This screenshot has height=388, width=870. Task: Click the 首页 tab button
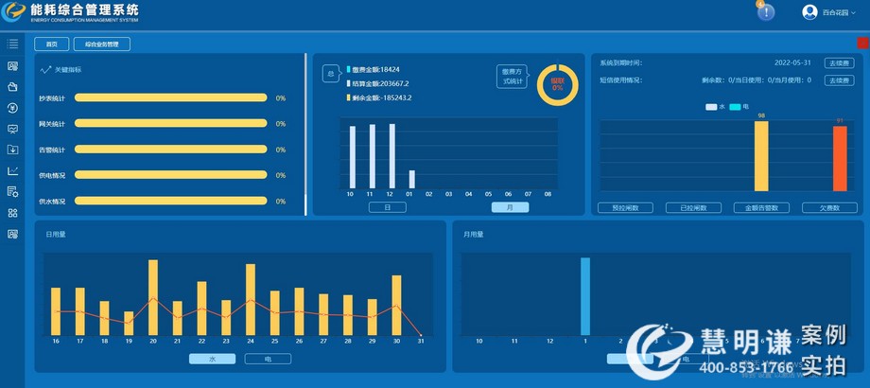point(52,44)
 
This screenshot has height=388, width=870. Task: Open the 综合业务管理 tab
point(102,44)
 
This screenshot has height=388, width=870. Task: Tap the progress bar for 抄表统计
point(170,97)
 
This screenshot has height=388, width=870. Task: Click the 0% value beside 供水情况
point(281,202)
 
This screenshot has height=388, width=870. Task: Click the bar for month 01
point(411,179)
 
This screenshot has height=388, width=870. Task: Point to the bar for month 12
point(391,156)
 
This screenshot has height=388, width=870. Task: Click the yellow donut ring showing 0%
point(557,85)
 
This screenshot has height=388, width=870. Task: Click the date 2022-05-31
point(792,62)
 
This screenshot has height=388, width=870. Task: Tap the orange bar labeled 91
point(840,158)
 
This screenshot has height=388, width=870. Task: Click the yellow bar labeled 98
point(761,156)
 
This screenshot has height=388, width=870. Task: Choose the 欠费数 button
point(829,207)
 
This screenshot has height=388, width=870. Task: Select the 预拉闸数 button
point(625,207)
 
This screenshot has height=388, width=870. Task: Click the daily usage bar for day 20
point(153,297)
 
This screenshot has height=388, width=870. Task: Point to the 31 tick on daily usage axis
point(419,341)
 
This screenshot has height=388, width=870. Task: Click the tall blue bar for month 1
point(585,295)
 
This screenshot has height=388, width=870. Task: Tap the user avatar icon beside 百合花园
point(809,12)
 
